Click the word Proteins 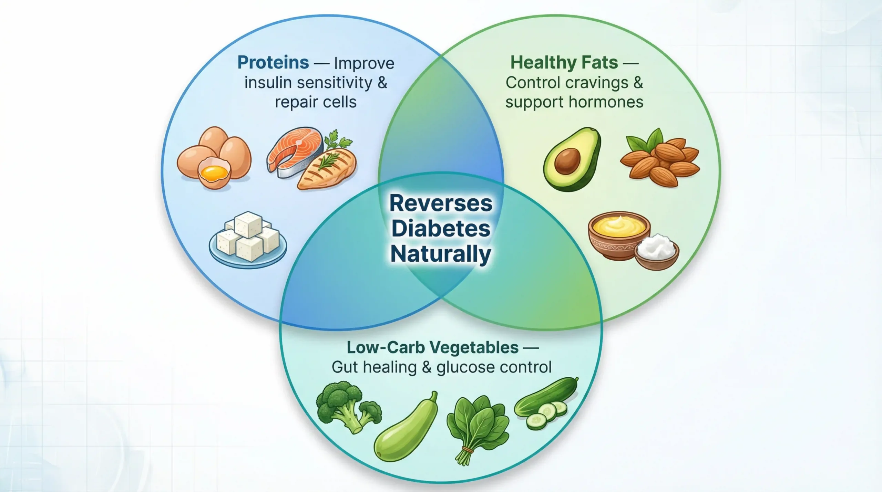coord(273,63)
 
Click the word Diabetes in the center coord(441,229)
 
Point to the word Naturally coord(441,254)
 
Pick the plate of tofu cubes coord(247,239)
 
